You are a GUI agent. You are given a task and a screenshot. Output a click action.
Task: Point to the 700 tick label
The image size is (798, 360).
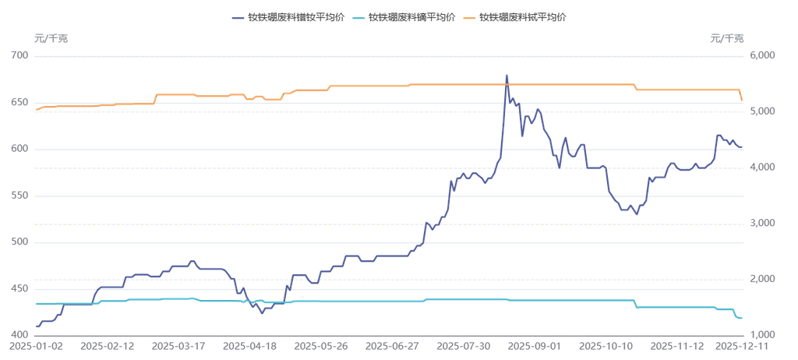19,55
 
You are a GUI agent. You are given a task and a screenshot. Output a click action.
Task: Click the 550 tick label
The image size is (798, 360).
19,196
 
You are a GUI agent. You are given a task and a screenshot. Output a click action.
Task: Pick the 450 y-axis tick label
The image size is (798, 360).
19,289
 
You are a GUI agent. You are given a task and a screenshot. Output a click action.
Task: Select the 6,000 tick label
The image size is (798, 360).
759,55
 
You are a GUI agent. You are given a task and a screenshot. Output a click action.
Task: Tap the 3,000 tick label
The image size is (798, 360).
759,224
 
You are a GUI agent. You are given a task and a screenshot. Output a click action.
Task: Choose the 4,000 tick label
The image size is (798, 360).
759,168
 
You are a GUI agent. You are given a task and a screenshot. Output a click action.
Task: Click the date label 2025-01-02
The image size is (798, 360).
37,344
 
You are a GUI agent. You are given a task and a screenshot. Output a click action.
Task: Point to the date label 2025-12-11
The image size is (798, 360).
740,344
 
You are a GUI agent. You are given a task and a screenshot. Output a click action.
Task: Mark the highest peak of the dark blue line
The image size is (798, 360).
507,76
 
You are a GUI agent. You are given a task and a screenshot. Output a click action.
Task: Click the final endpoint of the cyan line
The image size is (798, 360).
740,318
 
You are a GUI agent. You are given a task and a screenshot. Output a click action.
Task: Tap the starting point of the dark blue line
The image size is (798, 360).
37,326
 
